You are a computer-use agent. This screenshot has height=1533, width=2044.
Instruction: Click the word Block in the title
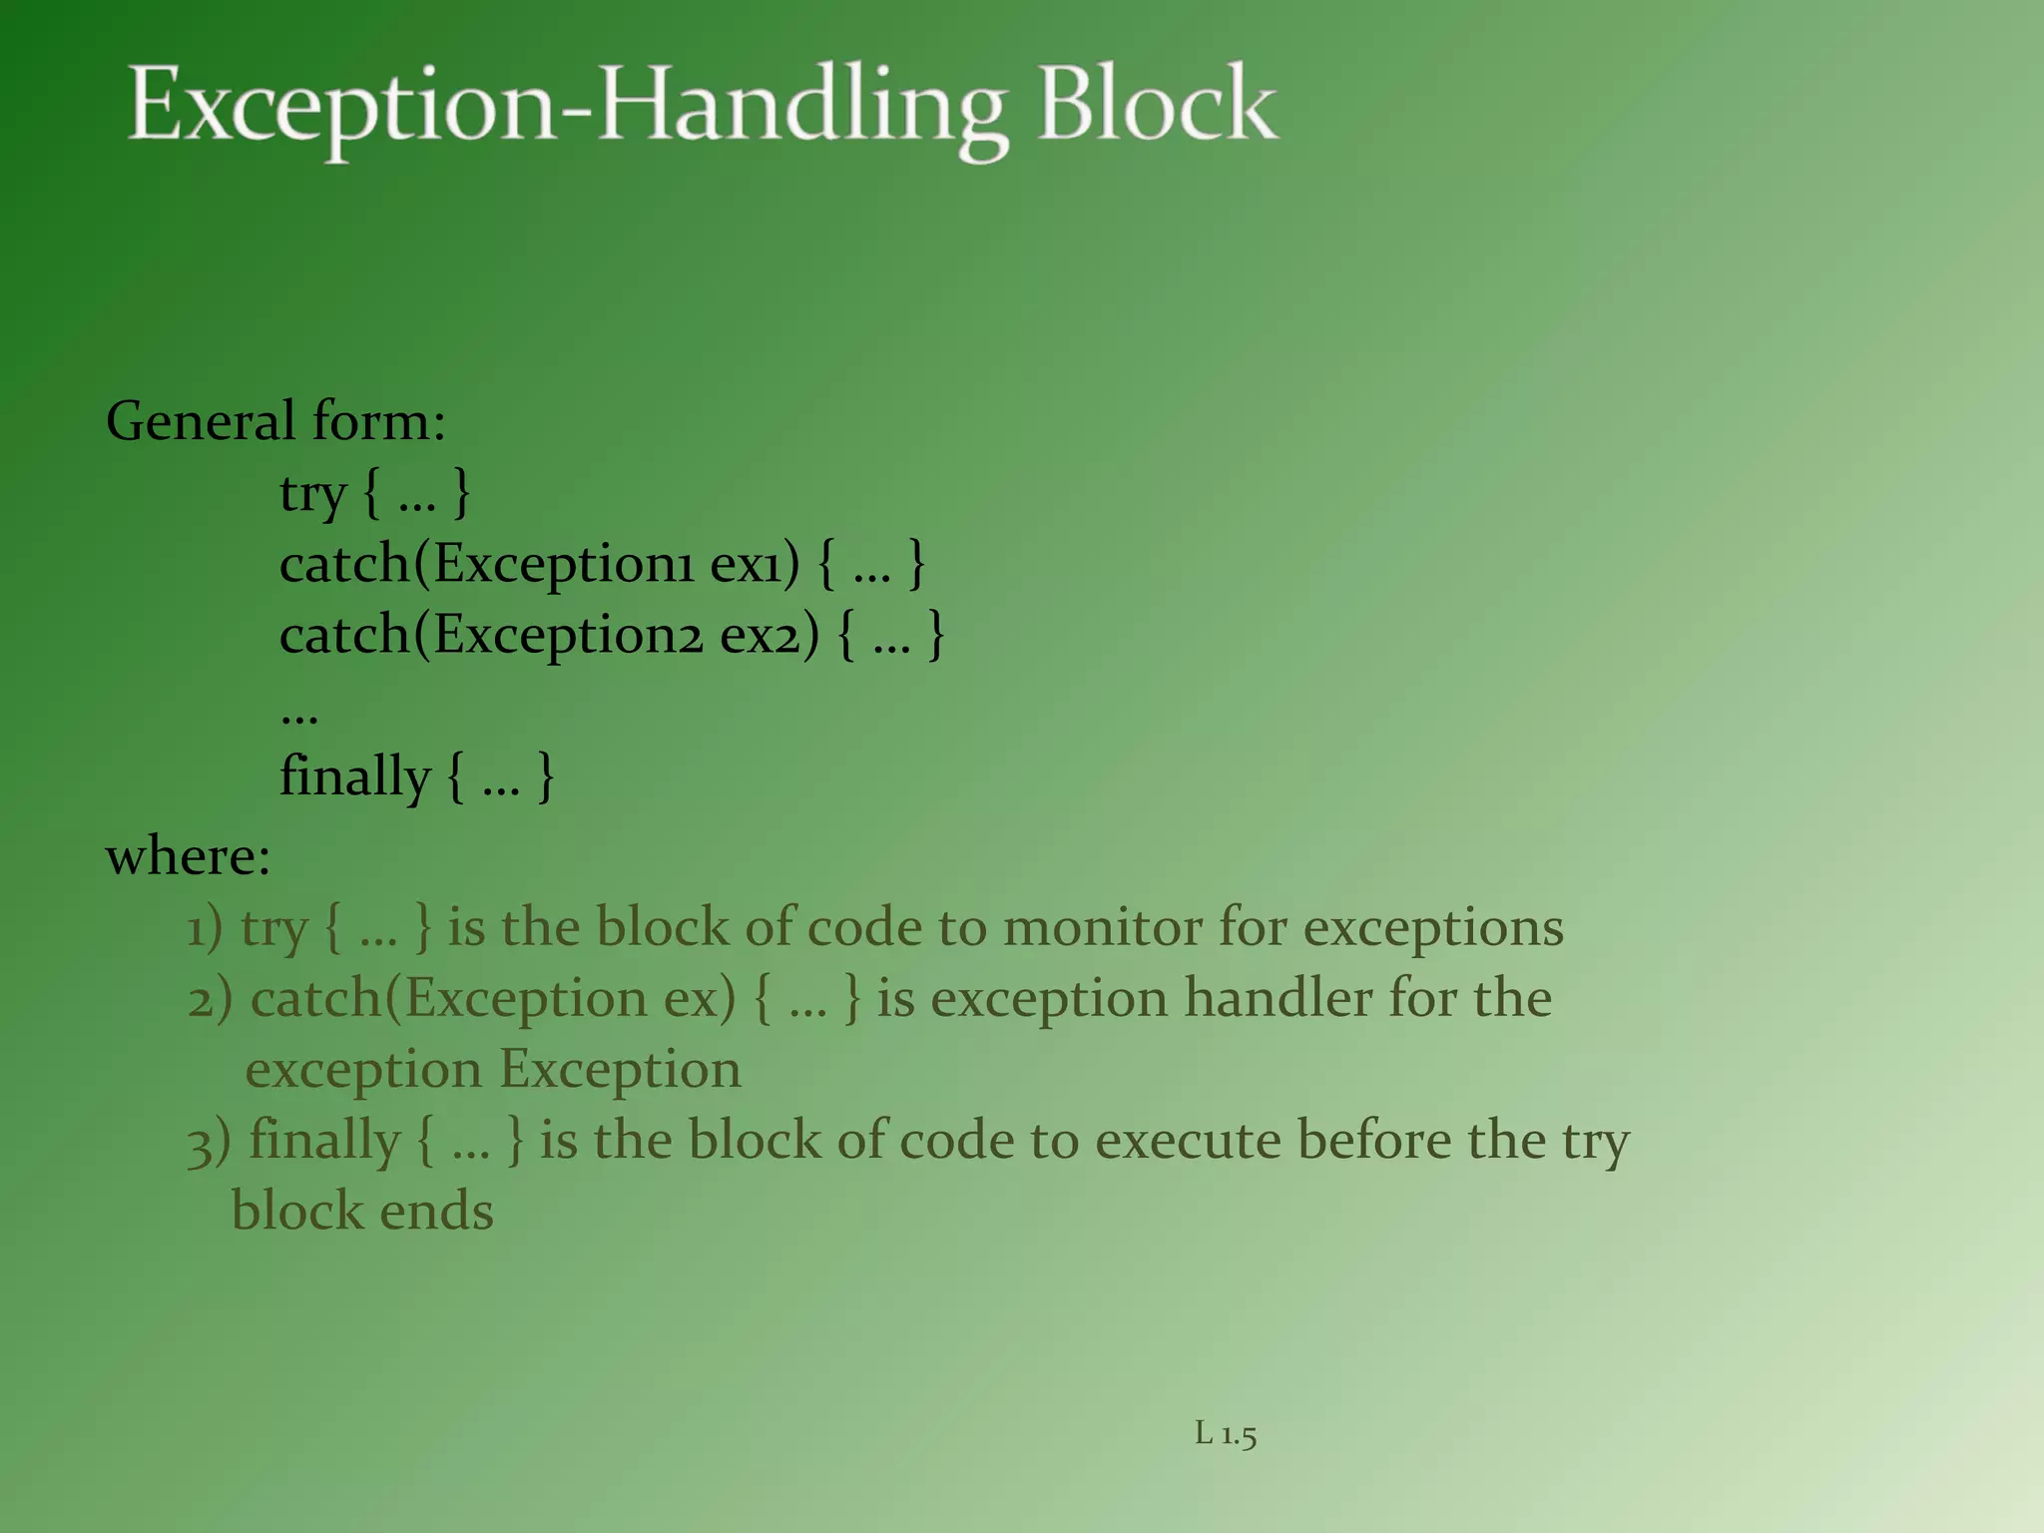1157,105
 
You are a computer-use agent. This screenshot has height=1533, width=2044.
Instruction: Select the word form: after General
378,421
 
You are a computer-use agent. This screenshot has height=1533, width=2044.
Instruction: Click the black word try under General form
312,495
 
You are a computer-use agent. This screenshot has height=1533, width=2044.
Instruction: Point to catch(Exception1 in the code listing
486,566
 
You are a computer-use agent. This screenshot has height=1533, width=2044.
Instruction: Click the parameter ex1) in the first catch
755,566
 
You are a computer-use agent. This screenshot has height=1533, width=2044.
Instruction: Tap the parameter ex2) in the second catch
769,637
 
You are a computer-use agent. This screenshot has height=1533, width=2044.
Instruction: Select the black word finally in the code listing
354,777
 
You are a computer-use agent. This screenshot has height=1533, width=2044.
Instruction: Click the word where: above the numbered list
189,856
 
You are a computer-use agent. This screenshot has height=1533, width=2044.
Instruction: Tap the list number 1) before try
205,929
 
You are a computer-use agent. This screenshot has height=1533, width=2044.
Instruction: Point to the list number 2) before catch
210,1000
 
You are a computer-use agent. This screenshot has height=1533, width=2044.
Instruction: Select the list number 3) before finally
209,1142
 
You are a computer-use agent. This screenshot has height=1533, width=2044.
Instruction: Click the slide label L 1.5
1226,1435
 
